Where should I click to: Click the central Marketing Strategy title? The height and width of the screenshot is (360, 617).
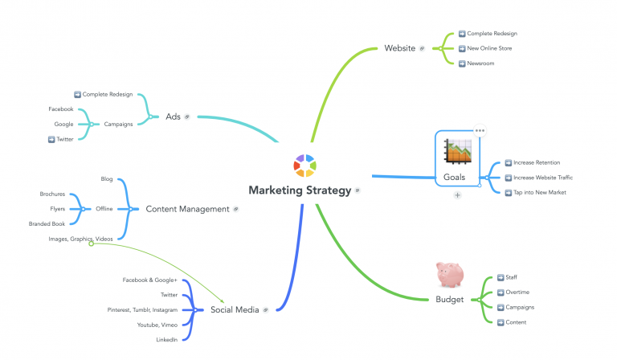(299, 190)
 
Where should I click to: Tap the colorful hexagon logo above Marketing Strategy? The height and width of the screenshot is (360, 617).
(304, 165)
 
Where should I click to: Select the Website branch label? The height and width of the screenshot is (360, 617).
(399, 48)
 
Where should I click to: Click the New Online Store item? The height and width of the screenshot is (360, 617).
(489, 48)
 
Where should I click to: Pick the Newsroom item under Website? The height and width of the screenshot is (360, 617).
(480, 63)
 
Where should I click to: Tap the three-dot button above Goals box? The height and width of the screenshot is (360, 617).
(480, 130)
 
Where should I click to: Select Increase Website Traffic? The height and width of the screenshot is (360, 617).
(542, 177)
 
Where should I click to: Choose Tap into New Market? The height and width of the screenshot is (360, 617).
(537, 192)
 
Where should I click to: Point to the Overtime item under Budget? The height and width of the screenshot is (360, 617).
(517, 292)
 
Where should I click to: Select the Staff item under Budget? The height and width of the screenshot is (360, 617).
(512, 276)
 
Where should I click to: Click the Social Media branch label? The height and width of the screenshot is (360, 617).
(235, 309)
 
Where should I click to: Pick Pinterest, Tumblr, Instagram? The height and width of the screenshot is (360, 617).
(142, 309)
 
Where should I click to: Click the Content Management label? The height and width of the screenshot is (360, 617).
(187, 209)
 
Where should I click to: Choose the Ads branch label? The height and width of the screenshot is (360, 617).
(173, 117)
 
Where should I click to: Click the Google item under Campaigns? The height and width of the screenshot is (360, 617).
(63, 124)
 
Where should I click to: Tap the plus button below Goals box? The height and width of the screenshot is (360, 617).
(457, 195)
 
